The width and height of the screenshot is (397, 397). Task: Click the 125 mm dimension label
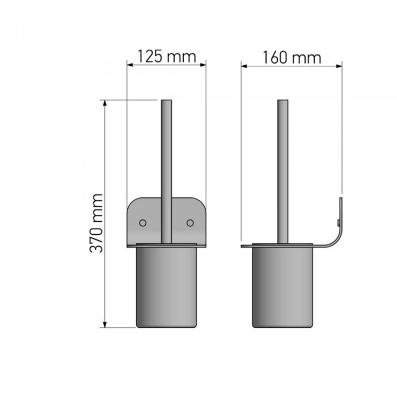coord(167,57)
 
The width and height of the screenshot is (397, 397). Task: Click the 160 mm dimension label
coord(292,58)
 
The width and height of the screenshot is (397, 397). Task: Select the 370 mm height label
coord(96,223)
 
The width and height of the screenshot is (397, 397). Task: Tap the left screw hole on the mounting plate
coord(143,223)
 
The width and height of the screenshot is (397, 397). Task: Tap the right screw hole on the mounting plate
coord(190,223)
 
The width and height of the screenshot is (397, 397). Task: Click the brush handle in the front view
coord(166,172)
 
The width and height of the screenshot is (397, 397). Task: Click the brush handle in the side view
coord(283,172)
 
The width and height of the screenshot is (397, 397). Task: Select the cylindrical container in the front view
coord(166,287)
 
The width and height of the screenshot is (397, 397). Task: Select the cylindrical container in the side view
coord(282,287)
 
